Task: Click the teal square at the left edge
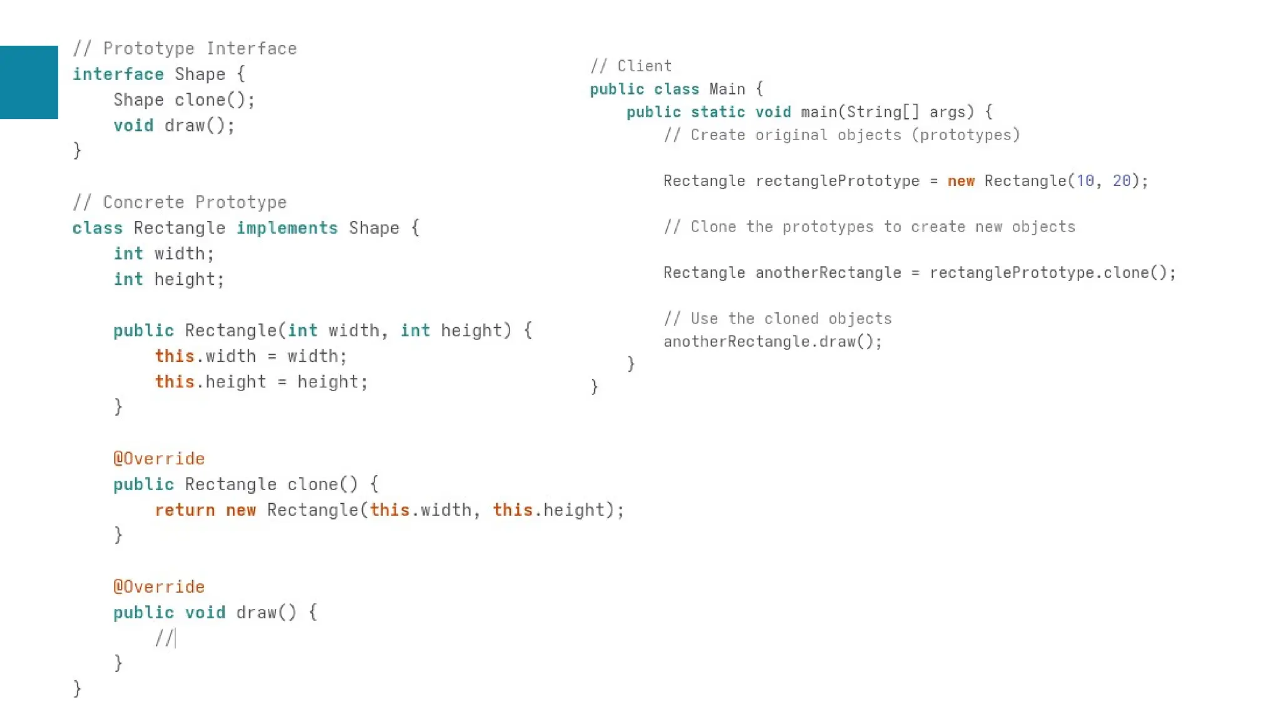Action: point(29,82)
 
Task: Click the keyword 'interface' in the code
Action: point(118,74)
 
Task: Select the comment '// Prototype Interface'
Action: point(185,48)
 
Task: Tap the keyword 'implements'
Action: point(287,228)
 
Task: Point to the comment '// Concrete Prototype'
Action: point(180,202)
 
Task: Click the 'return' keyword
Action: point(185,510)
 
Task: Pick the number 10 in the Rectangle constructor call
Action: point(1085,181)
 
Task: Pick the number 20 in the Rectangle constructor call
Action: point(1122,181)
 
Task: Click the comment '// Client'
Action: point(631,66)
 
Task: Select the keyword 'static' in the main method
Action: point(718,112)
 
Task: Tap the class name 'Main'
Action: point(727,89)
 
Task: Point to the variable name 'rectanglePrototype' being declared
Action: point(838,181)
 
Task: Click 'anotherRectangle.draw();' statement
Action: point(772,342)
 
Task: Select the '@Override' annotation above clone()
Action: point(159,459)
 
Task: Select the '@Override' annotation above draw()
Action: point(159,587)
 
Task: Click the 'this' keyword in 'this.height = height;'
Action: point(175,382)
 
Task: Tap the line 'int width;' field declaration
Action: point(164,253)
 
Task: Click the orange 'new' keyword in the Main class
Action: point(961,181)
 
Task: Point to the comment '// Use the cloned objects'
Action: point(777,319)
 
